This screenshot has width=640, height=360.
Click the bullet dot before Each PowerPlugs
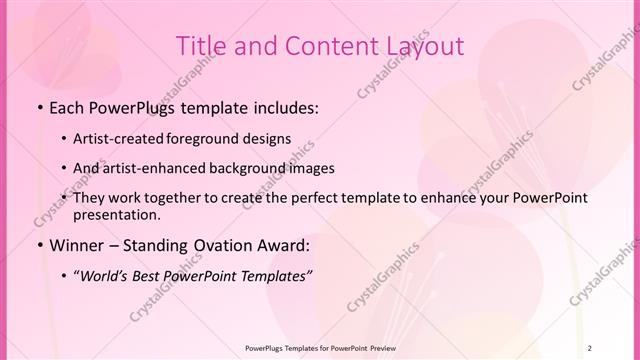point(38,108)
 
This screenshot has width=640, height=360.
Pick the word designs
point(270,139)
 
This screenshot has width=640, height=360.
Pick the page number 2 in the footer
point(591,347)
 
